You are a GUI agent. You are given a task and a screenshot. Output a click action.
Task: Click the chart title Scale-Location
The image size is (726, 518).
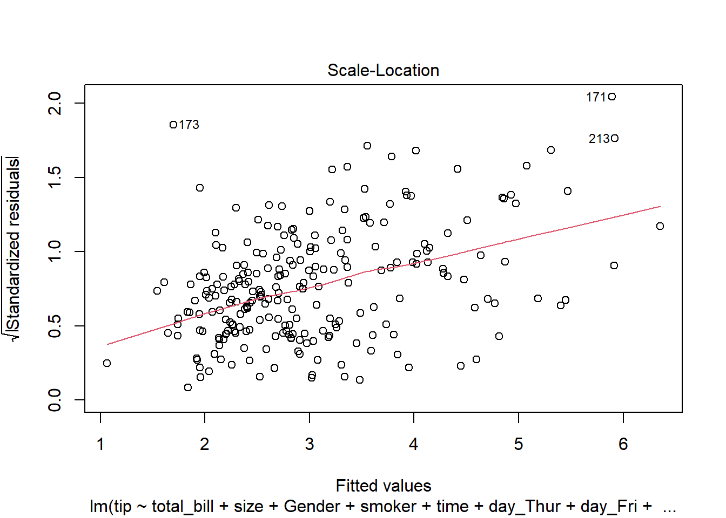(x=383, y=70)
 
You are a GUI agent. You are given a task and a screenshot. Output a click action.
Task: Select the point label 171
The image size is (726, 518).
(x=596, y=97)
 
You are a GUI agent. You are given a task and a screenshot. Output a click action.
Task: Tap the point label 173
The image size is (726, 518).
(x=189, y=125)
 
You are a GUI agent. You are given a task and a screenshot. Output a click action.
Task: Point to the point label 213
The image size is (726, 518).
(x=599, y=139)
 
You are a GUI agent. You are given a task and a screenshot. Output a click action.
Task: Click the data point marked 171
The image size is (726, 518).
(x=612, y=97)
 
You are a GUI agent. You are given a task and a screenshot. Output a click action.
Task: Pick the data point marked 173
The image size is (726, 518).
(x=173, y=125)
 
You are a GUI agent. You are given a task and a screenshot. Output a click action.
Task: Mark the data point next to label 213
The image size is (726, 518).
(x=615, y=139)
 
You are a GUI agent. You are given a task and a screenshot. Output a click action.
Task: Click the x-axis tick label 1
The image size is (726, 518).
(x=100, y=444)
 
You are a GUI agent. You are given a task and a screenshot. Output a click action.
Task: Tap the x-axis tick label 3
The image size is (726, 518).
(x=310, y=444)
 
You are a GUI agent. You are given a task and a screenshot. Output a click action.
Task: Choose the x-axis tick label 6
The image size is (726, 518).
(x=623, y=444)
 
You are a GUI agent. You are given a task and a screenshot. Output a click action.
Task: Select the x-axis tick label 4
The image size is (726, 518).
(x=414, y=444)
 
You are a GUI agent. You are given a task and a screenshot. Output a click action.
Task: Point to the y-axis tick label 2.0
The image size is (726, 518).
(x=55, y=103)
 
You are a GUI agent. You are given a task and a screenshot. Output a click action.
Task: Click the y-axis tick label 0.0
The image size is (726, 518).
(x=55, y=400)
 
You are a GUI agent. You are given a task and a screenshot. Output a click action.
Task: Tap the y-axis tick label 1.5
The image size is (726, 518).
(x=55, y=178)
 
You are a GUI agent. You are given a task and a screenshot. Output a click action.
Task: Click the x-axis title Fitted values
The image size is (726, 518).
(x=384, y=486)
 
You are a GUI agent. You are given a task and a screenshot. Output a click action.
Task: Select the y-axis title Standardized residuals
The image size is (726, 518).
(x=12, y=249)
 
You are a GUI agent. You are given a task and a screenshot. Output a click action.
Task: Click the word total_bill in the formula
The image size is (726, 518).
(x=183, y=507)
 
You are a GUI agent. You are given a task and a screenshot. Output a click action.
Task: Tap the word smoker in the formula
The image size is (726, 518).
(x=388, y=507)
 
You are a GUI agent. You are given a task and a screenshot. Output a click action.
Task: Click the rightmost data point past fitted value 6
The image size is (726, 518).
(x=660, y=226)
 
